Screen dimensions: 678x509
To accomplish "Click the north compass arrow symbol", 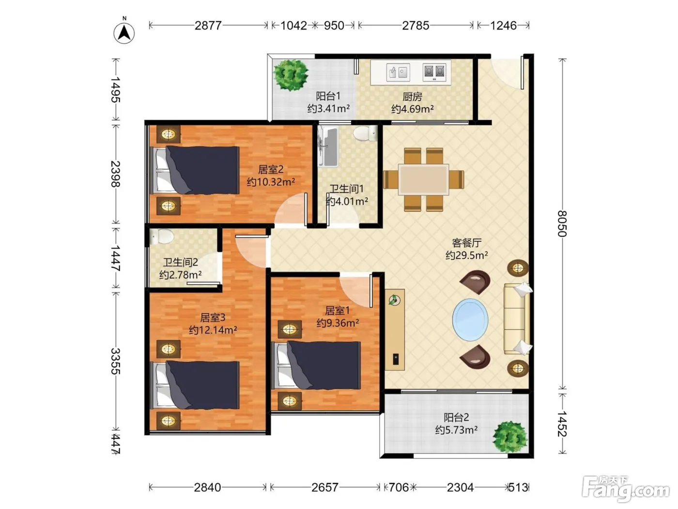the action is click(124, 33).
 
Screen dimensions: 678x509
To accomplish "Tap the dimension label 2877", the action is click(208, 25).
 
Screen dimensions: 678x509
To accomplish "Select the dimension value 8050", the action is click(562, 224).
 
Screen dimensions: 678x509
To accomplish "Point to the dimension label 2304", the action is click(460, 487).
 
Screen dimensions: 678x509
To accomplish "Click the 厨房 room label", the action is click(412, 97).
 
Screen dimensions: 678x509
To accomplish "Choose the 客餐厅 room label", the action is click(466, 243).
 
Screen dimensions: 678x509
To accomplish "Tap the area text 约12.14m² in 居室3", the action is click(213, 330).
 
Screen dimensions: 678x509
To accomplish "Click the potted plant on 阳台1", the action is click(291, 75).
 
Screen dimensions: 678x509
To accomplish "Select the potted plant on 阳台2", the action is click(510, 437).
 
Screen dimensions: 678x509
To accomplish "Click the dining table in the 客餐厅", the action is click(423, 179).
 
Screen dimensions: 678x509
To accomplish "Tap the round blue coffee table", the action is click(470, 319).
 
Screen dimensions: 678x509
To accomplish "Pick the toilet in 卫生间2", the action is click(161, 236).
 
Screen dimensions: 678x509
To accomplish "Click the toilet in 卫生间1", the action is click(366, 133).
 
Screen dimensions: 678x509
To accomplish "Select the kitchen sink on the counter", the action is click(398, 72).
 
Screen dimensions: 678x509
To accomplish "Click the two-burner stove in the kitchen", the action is click(434, 72).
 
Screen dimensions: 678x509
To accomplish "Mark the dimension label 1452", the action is click(562, 424).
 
